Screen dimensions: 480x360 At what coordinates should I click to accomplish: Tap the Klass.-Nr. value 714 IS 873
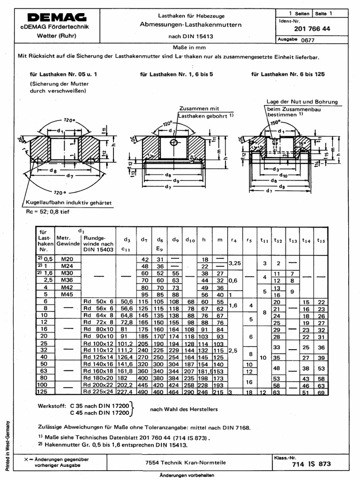(x=311, y=464)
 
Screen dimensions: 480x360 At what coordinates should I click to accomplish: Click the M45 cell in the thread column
(x=67, y=294)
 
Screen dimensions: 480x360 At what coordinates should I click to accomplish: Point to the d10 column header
(x=189, y=240)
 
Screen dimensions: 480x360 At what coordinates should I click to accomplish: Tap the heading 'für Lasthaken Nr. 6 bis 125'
(x=288, y=74)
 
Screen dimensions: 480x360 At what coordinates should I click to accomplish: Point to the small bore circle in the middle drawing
(x=174, y=142)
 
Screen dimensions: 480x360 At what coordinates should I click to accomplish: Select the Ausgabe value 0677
(x=308, y=41)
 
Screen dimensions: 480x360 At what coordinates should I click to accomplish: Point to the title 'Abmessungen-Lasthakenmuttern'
(x=190, y=24)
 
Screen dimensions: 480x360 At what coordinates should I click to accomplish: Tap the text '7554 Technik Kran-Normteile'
(x=186, y=462)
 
